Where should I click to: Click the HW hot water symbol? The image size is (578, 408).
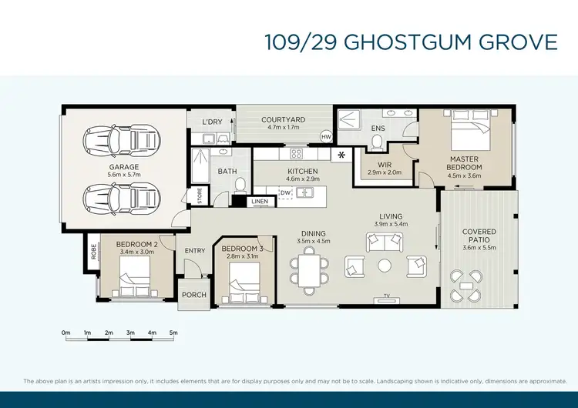coord(325,138)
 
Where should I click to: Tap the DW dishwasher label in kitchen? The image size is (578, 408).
coord(285,193)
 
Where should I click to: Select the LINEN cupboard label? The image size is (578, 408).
coord(260,202)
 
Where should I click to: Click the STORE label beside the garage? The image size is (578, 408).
coord(199,197)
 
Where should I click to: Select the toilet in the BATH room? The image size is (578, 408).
coord(240,185)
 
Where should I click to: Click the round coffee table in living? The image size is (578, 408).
coord(385,266)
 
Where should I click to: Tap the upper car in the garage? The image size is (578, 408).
coord(124,140)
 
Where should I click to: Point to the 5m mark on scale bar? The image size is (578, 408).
coord(173,333)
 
